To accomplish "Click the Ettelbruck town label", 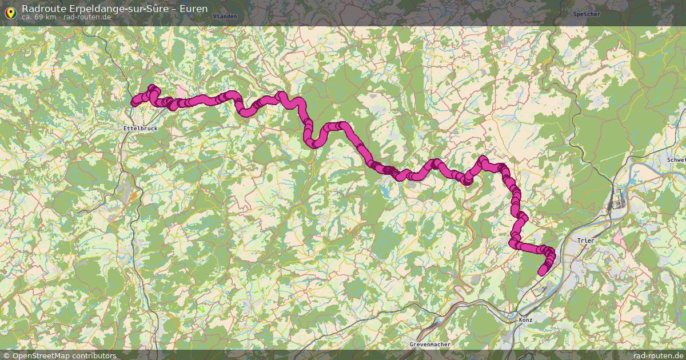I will pos(140,129).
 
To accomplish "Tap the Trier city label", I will pos(586,241).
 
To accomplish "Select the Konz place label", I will pos(525,319).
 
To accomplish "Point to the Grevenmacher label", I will pos(430,345).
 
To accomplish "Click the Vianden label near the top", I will pos(225,17).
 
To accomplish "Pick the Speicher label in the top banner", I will pos(586,13).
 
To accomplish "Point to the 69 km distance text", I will pos(45,17).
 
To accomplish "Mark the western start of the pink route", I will pos(135,103).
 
